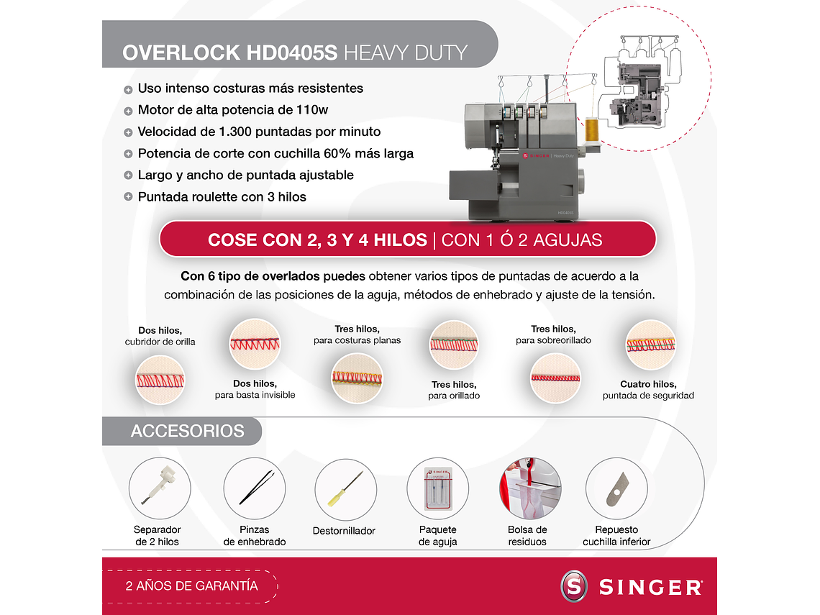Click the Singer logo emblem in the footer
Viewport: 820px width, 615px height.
[x=574, y=586]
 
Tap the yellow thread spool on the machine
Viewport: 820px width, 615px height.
[x=591, y=129]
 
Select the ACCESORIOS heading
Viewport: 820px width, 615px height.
[x=187, y=431]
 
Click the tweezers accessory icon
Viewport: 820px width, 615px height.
[x=254, y=488]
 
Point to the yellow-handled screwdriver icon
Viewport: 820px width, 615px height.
[x=345, y=489]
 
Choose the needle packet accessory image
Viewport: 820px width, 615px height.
[x=437, y=489]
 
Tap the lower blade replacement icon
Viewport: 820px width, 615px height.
[x=616, y=489]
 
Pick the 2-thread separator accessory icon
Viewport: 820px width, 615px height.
[x=159, y=488]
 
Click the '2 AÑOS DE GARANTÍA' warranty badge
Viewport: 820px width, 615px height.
[x=191, y=586]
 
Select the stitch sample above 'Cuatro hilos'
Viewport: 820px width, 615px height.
[x=650, y=345]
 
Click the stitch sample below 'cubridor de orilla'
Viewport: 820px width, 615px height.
[x=160, y=380]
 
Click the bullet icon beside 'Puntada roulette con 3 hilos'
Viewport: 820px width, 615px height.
[x=128, y=196]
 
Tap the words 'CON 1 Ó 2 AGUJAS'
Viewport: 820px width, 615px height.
[x=521, y=240]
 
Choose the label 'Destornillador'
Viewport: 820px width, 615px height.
[x=344, y=531]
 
